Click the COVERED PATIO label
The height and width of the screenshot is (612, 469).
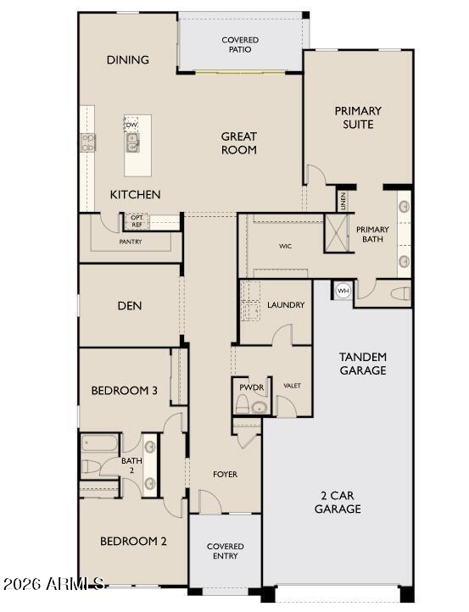coord(240,45)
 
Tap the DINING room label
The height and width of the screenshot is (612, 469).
coord(128,60)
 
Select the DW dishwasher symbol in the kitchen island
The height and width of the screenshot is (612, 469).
coord(131,125)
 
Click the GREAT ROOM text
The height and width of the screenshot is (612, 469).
coord(239,143)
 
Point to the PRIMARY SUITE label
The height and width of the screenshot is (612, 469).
coord(358,117)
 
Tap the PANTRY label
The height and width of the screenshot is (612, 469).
coord(131,242)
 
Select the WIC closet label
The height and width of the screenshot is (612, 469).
coord(286,247)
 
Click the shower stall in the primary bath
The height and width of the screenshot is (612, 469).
coord(337,233)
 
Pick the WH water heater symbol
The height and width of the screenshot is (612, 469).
coord(343,291)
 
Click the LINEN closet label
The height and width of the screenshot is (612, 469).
coord(343,202)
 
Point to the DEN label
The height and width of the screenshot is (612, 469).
coord(130,306)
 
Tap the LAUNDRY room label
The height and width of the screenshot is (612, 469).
coord(286,305)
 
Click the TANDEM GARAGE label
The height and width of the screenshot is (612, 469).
coord(363,364)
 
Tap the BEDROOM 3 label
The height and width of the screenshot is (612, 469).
coord(125,391)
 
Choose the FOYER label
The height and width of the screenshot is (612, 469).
coord(225,474)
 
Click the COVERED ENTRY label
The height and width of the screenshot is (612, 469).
coord(226,552)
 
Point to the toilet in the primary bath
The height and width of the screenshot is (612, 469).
coord(400,294)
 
